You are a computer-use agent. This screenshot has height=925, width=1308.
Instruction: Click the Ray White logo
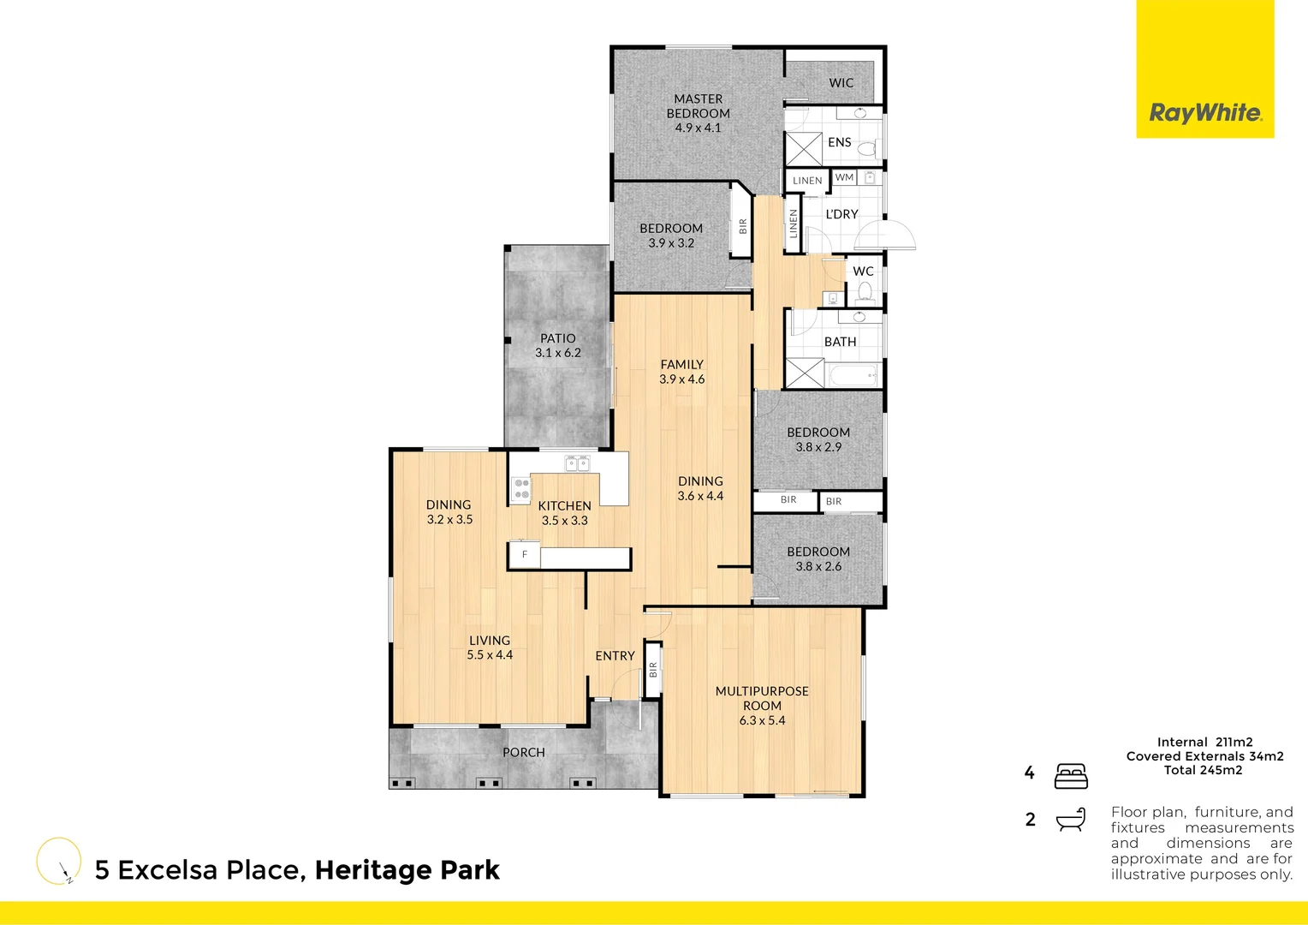[x=1204, y=112]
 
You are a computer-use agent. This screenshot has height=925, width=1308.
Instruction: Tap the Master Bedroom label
[x=699, y=106]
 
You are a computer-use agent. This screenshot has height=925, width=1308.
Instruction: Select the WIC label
[x=841, y=83]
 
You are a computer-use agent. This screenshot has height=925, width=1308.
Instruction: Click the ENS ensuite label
[x=839, y=142]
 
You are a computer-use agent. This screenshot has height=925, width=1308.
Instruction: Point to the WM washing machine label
[x=844, y=177]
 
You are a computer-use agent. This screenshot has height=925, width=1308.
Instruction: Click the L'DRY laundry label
[x=841, y=214]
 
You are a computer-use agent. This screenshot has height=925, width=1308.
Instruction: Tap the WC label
[x=863, y=272]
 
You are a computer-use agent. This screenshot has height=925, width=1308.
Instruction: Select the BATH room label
[x=840, y=342]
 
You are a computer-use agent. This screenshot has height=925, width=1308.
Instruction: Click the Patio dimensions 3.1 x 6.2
[x=558, y=353]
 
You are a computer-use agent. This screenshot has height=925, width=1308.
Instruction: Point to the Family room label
[x=681, y=365]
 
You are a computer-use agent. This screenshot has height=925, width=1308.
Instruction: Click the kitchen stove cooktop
[x=521, y=489]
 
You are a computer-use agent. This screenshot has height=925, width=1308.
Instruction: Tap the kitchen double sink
[x=577, y=463]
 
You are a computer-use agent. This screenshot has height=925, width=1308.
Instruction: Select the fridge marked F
[x=525, y=555]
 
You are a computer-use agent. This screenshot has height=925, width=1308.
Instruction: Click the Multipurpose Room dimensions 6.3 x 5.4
[x=762, y=720]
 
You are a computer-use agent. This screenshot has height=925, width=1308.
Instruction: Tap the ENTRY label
[x=615, y=656]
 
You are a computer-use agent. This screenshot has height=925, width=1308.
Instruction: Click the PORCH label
[x=523, y=753]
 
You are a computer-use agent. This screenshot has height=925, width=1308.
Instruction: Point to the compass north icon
[x=59, y=861]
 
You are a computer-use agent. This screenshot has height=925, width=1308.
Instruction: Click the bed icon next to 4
[x=1071, y=775]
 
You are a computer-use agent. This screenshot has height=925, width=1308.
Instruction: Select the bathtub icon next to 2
[x=1071, y=820]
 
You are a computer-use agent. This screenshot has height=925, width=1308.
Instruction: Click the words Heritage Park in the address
[x=407, y=870]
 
